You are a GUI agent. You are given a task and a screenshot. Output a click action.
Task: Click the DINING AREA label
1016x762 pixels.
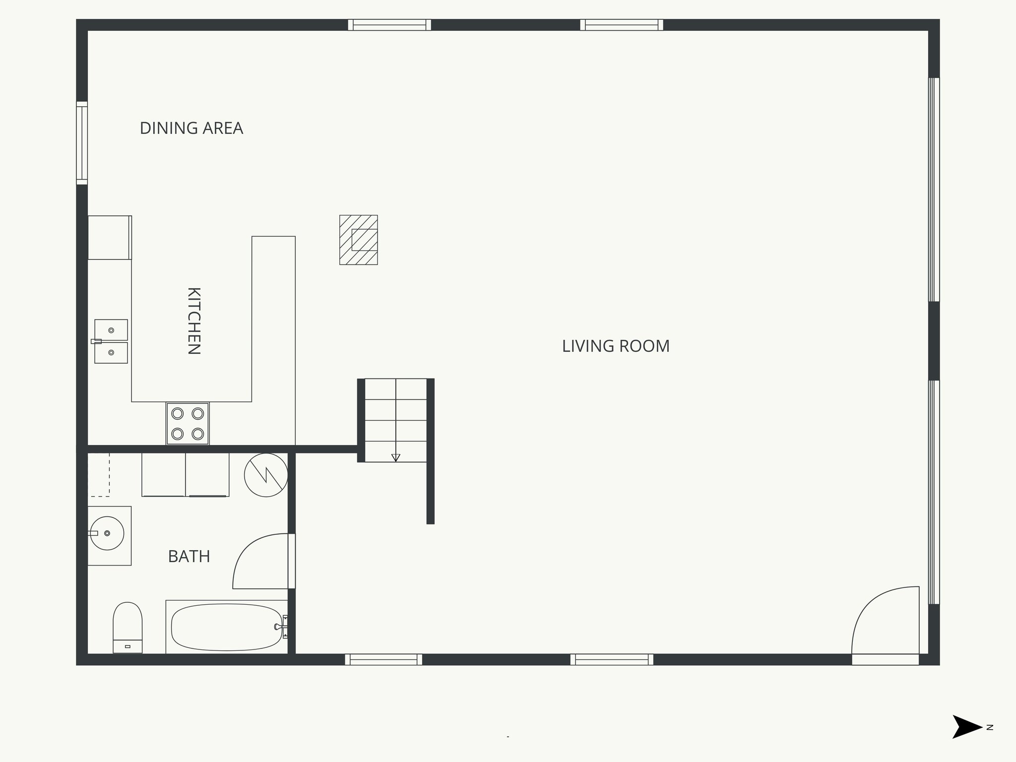pyautogui.click(x=191, y=128)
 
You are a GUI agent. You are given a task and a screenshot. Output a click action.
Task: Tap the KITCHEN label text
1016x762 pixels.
pyautogui.click(x=193, y=320)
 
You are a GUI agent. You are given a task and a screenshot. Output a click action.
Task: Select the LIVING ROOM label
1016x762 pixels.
pyautogui.click(x=615, y=346)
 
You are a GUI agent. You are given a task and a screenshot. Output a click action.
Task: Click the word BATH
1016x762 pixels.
pyautogui.click(x=189, y=556)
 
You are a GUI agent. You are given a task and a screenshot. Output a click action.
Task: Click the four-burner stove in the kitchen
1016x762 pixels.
pyautogui.click(x=188, y=424)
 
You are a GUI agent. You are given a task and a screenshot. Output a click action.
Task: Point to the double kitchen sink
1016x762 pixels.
pyautogui.click(x=111, y=341)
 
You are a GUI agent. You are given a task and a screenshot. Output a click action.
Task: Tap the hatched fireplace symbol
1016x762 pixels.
pyautogui.click(x=358, y=240)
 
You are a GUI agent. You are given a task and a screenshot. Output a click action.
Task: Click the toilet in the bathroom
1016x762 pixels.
pyautogui.click(x=127, y=628)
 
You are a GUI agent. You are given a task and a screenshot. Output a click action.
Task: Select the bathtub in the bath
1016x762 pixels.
pyautogui.click(x=227, y=627)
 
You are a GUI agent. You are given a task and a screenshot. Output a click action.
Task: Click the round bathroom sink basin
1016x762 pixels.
pyautogui.click(x=107, y=533)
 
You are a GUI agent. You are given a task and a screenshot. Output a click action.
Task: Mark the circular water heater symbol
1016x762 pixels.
pyautogui.click(x=266, y=475)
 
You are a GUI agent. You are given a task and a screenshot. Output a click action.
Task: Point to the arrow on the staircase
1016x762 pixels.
pyautogui.click(x=395, y=457)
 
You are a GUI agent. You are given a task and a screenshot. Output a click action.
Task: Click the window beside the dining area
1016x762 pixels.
pyautogui.click(x=82, y=143)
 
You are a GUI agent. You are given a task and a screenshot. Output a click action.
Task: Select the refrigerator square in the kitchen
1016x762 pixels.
pyautogui.click(x=109, y=237)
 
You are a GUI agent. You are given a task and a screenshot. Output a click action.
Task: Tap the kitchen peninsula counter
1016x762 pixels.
pyautogui.click(x=273, y=337)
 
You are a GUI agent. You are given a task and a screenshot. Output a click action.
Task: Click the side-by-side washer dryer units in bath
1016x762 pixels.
pyautogui.click(x=186, y=474)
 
